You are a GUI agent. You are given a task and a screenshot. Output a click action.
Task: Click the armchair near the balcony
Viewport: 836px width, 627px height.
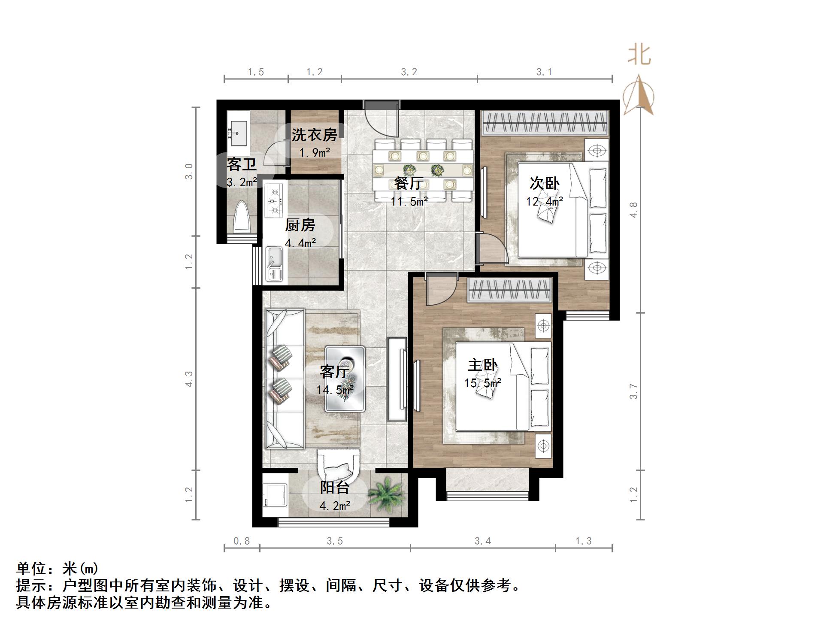[x=338, y=467]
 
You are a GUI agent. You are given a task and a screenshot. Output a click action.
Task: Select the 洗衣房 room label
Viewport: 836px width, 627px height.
[x=314, y=135]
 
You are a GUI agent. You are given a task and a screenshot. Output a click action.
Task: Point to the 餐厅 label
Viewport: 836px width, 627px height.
[x=409, y=183]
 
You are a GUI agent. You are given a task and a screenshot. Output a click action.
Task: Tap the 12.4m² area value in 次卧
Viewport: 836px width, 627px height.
[x=544, y=201]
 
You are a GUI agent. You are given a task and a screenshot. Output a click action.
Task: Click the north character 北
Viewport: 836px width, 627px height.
[x=639, y=55]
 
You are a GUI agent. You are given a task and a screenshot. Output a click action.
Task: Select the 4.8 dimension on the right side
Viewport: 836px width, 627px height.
[x=634, y=210]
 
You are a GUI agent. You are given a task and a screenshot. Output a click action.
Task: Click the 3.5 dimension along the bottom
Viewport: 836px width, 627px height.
[x=335, y=541]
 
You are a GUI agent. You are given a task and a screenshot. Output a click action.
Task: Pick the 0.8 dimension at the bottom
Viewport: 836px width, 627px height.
[x=242, y=541]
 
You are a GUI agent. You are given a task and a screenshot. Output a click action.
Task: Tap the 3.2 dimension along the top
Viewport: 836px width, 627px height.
[x=409, y=72]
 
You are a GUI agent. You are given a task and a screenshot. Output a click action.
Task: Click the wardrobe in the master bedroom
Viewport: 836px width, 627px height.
[x=509, y=290]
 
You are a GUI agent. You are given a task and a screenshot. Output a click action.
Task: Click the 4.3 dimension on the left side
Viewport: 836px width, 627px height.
[x=189, y=379]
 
